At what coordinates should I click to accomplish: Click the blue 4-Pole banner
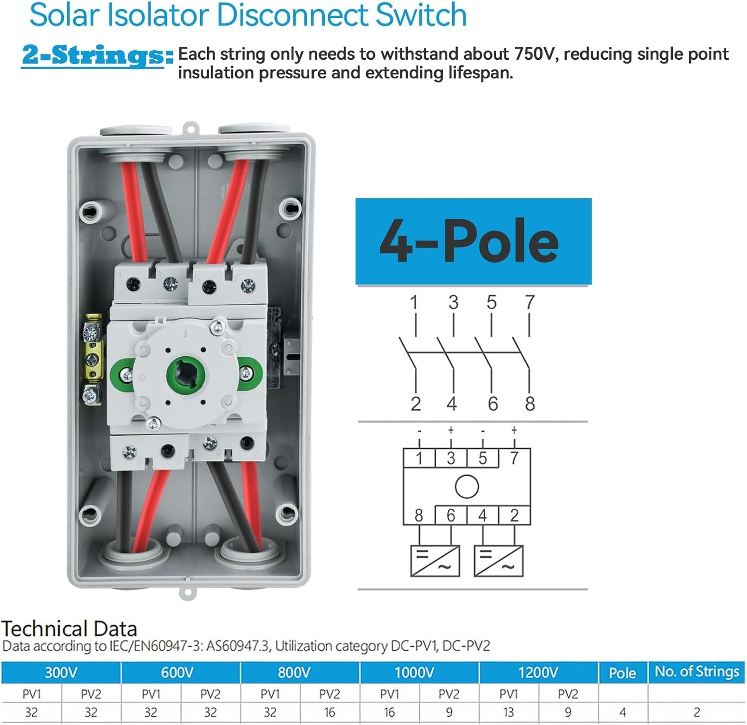[x=473, y=241]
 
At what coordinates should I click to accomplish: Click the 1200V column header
[x=538, y=673]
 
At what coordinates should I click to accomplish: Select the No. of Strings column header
[x=696, y=672]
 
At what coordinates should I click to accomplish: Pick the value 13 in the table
[x=508, y=713]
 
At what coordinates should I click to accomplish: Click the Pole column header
[x=622, y=673]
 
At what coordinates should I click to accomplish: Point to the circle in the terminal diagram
[x=467, y=486]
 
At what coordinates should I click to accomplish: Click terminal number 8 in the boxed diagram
[x=419, y=515]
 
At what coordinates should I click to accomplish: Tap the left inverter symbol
[x=435, y=561]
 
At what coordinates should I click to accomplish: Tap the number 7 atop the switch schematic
[x=529, y=302]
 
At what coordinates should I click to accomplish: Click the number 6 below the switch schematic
[x=493, y=404]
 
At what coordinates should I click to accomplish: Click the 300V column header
[x=61, y=673]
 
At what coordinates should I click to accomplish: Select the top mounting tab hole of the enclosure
[x=189, y=127]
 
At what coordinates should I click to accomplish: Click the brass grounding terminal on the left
[x=93, y=358]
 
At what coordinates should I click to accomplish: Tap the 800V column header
[x=294, y=673]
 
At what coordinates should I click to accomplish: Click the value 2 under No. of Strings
[x=696, y=713]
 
